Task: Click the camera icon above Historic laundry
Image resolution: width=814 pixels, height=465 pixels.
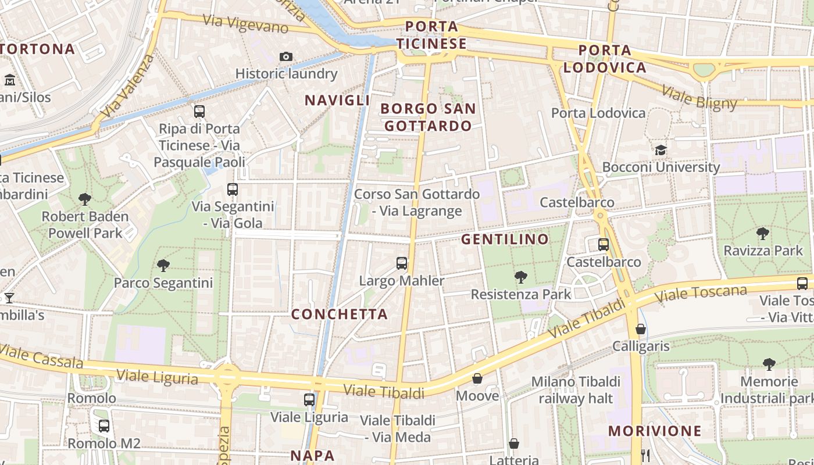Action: coord(285,56)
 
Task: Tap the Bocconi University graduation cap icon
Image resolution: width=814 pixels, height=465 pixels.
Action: coord(661,151)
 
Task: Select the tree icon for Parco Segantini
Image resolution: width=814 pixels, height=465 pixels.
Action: coord(163,266)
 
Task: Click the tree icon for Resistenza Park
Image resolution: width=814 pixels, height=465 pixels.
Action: coord(521,277)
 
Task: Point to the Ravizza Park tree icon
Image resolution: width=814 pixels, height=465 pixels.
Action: coord(763,234)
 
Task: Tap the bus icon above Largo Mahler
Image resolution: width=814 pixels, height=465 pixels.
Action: coord(402,263)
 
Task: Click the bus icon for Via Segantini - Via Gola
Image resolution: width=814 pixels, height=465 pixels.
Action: coord(233,189)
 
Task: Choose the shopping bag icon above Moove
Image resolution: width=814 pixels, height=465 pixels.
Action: coord(477,378)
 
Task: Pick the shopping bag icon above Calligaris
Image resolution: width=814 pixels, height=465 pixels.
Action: coord(641,329)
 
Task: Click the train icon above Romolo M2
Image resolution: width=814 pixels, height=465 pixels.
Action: coord(104,426)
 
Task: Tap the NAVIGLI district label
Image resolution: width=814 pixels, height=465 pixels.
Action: coord(337,100)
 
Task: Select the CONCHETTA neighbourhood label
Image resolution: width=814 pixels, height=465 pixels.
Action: coord(339,314)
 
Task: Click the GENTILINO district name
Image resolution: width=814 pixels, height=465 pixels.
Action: coord(505,239)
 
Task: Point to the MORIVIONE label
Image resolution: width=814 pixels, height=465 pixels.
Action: coord(655,431)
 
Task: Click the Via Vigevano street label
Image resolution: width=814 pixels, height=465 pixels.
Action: coord(245,23)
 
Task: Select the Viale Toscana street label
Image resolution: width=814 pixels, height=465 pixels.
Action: coord(701,294)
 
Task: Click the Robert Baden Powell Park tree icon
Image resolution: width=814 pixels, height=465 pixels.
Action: coord(85,199)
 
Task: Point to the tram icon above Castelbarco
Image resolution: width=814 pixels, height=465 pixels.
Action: coord(604,244)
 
